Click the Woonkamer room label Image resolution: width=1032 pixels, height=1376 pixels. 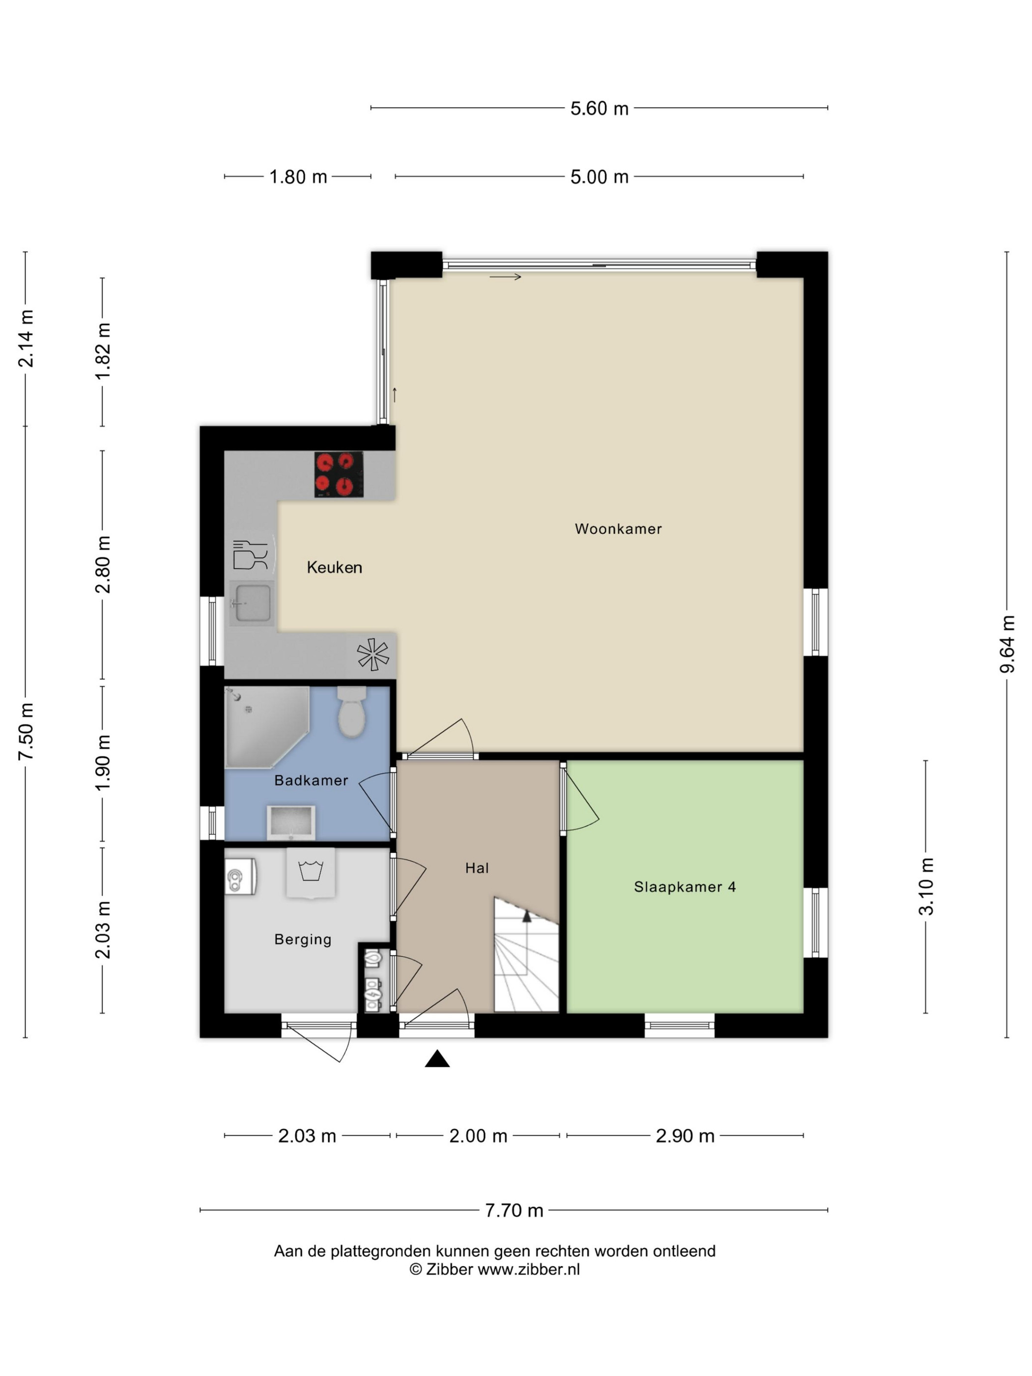[618, 529]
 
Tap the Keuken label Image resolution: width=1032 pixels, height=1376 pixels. [334, 567]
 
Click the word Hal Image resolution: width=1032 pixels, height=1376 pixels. [477, 868]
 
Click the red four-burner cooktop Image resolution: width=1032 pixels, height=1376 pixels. [339, 474]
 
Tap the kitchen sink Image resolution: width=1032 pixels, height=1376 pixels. [252, 603]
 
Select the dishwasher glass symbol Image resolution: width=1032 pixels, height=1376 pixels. [250, 555]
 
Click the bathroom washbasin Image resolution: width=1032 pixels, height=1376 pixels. [291, 822]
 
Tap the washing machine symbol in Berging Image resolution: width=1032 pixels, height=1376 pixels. [311, 872]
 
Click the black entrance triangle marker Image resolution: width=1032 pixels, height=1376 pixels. [437, 1058]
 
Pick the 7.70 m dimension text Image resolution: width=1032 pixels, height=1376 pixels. [514, 1210]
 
